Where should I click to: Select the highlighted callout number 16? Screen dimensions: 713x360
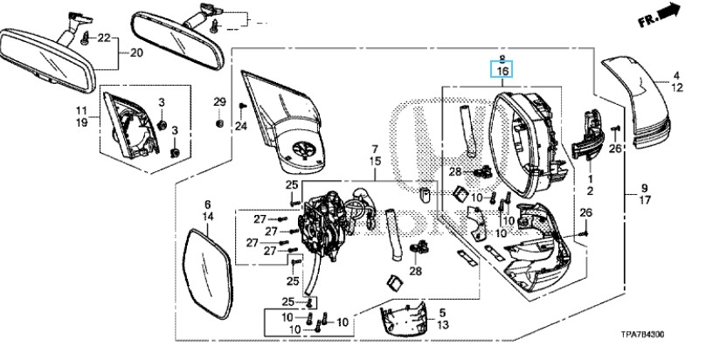pos(502,71)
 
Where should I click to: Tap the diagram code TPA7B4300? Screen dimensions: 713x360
pos(642,335)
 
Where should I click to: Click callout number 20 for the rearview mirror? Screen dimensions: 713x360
pos(136,52)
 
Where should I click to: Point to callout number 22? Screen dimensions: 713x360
pos(104,38)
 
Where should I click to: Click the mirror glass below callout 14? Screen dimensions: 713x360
pos(210,274)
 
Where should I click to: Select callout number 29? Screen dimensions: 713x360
pos(219,102)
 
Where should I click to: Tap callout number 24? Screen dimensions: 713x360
pos(241,126)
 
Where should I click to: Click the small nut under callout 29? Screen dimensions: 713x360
pos(219,123)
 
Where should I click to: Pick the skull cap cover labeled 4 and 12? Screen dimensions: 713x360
pos(636,102)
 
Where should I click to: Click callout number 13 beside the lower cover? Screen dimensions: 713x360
pos(442,324)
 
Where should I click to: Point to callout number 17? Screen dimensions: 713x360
pos(645,200)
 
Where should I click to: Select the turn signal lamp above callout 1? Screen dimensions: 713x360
pos(587,135)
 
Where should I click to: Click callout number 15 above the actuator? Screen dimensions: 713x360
pos(375,161)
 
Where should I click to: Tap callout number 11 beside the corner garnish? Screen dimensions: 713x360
pos(81,110)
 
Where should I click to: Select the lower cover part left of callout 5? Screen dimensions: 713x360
pos(405,319)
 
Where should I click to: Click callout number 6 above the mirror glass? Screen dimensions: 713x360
pos(208,204)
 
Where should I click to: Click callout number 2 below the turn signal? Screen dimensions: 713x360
pos(590,191)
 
